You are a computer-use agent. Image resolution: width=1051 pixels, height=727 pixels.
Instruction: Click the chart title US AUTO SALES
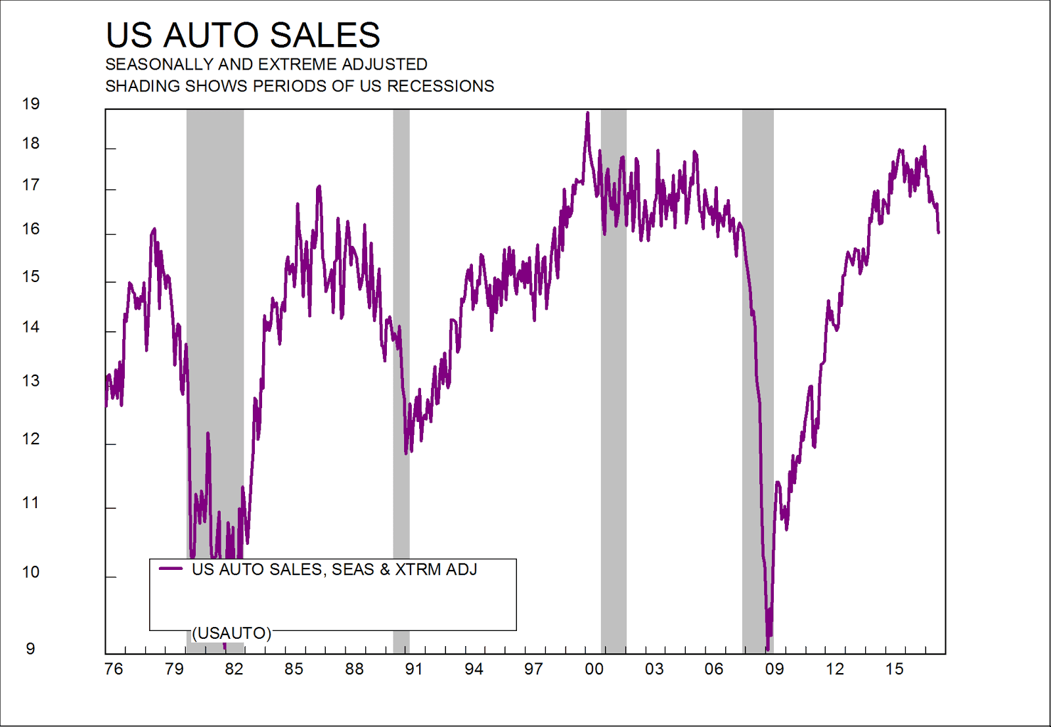pyautogui.click(x=242, y=35)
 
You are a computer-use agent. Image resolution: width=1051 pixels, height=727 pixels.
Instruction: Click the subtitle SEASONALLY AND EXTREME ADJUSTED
pyautogui.click(x=266, y=64)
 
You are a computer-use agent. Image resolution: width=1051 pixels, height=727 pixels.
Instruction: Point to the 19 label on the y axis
pyautogui.click(x=31, y=104)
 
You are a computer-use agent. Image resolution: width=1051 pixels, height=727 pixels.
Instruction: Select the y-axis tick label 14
pyautogui.click(x=31, y=327)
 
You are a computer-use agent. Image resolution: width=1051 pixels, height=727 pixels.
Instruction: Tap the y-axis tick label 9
pyautogui.click(x=30, y=649)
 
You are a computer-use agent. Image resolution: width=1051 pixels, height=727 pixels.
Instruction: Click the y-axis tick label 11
pyautogui.click(x=31, y=503)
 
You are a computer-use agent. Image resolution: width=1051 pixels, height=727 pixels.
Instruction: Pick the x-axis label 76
pyautogui.click(x=114, y=669)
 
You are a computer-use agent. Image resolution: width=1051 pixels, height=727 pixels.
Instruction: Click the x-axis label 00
pyautogui.click(x=594, y=669)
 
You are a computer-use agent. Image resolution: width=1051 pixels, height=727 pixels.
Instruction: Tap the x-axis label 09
pyautogui.click(x=774, y=669)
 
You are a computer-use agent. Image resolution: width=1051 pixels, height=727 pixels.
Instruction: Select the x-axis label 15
pyautogui.click(x=894, y=669)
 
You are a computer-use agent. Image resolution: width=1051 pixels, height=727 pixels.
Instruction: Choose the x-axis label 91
pyautogui.click(x=414, y=669)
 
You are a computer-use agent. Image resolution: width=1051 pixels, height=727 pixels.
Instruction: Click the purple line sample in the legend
pyautogui.click(x=171, y=569)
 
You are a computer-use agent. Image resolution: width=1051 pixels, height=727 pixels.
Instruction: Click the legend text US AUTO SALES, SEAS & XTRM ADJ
pyautogui.click(x=334, y=569)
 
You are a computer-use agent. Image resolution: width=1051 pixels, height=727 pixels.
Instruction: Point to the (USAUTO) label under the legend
pyautogui.click(x=231, y=633)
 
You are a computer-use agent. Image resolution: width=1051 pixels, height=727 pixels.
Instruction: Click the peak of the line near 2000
pyautogui.click(x=587, y=113)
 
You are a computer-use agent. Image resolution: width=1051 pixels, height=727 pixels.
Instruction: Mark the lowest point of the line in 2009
pyautogui.click(x=767, y=649)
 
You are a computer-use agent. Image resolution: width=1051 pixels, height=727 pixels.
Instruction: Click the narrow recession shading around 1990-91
pyautogui.click(x=401, y=263)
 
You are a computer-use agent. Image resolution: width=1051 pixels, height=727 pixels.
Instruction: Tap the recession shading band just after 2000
pyautogui.click(x=614, y=394)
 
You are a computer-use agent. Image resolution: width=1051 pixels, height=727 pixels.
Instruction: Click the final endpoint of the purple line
pyautogui.click(x=939, y=232)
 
